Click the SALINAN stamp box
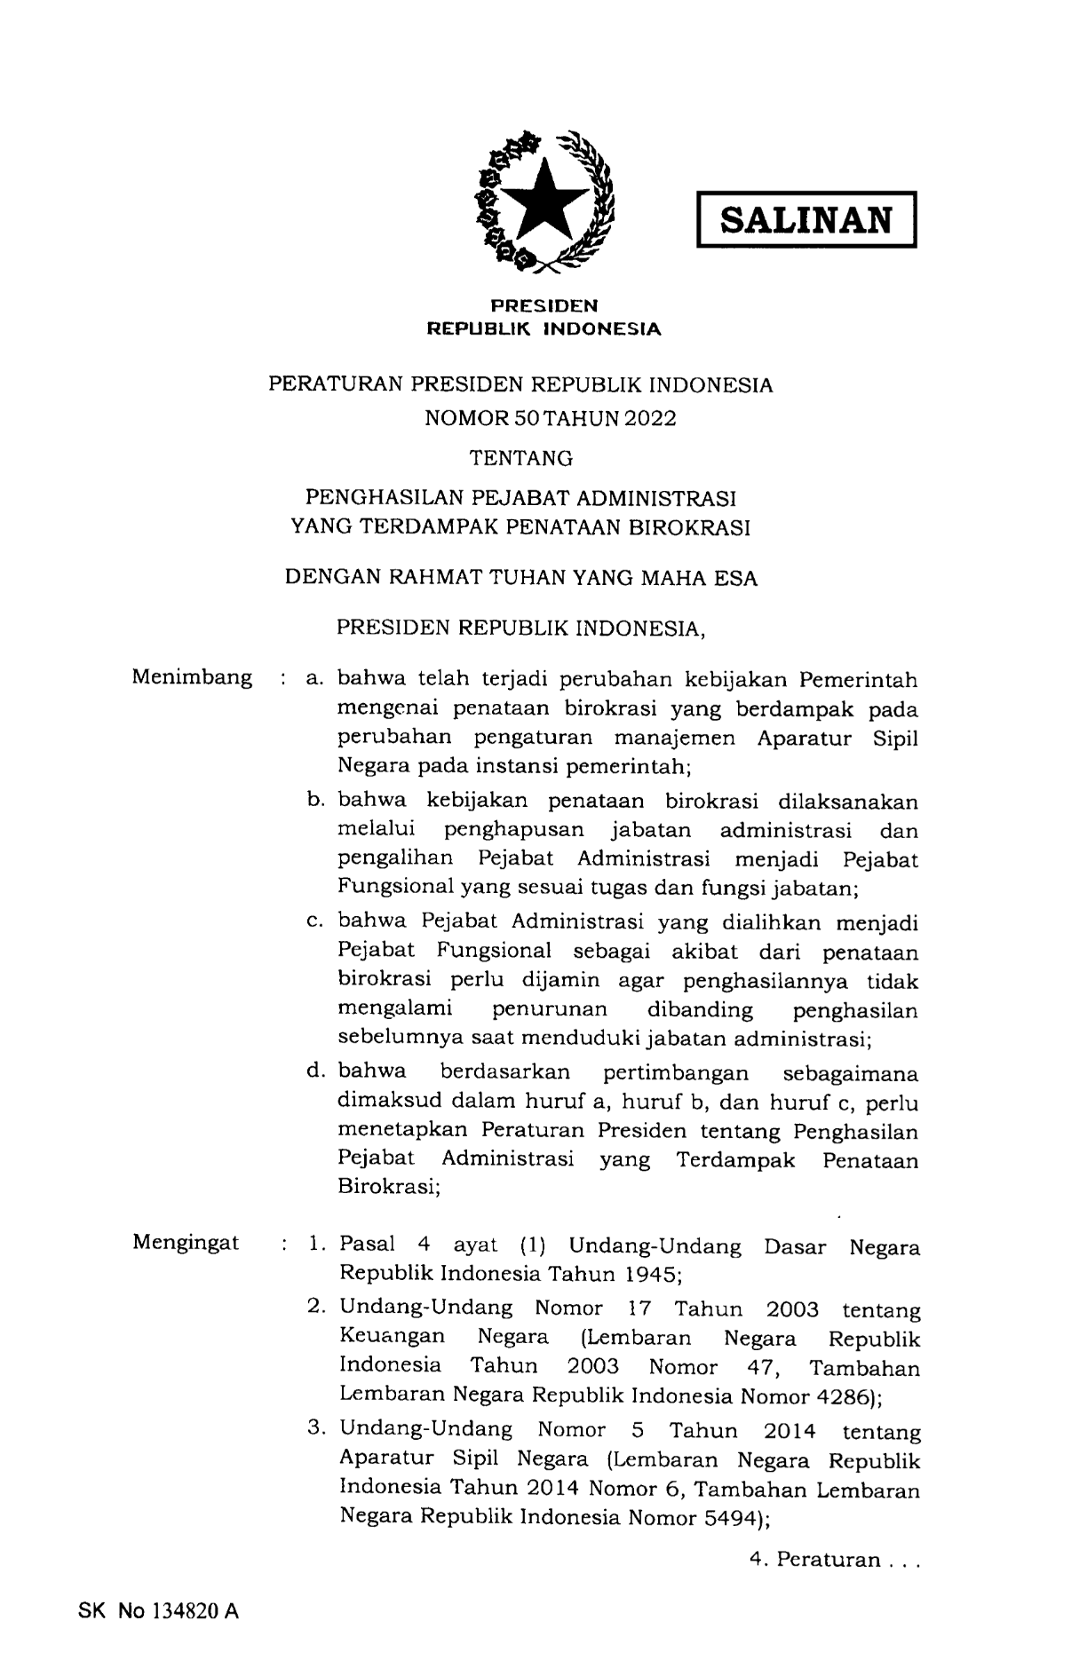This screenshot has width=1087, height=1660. pyautogui.click(x=805, y=219)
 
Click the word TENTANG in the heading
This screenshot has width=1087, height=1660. pyautogui.click(x=521, y=458)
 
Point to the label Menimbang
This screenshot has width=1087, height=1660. pyautogui.click(x=192, y=678)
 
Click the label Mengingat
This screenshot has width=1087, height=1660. pyautogui.click(x=186, y=1243)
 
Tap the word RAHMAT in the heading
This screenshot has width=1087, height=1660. pyautogui.click(x=429, y=579)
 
